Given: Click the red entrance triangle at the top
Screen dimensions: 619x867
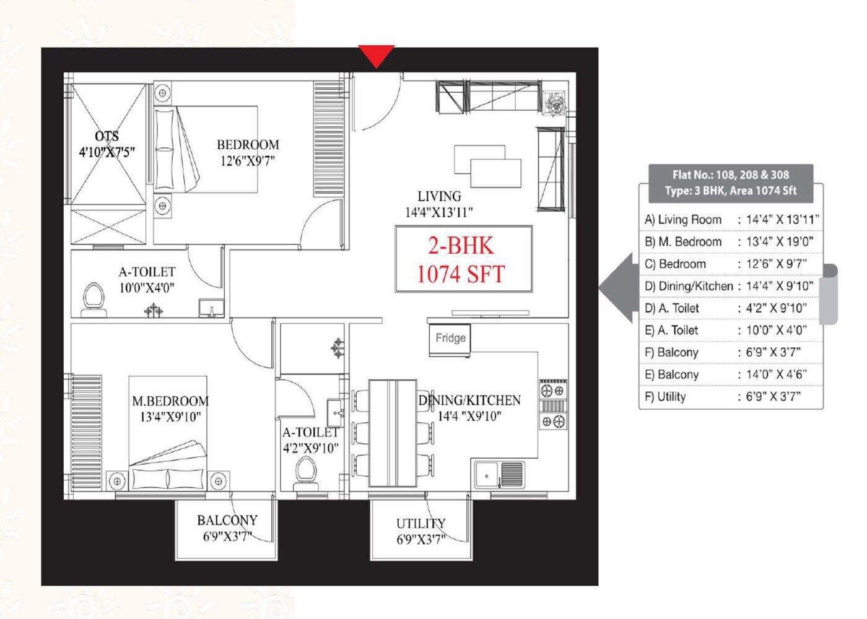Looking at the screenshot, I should (376, 55).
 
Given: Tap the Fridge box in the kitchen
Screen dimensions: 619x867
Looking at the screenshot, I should (450, 338).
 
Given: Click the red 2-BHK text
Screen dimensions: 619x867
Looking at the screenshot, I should (461, 246).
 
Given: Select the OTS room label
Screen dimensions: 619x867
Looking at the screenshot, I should (107, 136).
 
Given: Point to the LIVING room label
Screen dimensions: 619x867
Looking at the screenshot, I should (439, 196).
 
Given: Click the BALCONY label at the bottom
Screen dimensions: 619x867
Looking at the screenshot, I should (227, 521).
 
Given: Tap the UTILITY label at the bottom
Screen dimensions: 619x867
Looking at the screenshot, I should (420, 524).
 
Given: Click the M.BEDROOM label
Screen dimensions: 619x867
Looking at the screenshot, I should (170, 401).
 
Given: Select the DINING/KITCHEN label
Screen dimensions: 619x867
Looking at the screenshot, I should (471, 400).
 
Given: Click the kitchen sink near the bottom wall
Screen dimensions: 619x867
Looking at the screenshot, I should (487, 475).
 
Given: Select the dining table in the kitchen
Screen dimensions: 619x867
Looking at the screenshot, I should (393, 433).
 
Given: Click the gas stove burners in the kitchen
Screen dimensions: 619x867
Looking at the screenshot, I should (552, 406).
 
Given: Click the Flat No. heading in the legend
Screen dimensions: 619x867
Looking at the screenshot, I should (731, 175).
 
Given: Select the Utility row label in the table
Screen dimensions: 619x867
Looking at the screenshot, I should (666, 397).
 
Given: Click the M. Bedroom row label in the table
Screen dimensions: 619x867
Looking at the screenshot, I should (683, 242).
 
